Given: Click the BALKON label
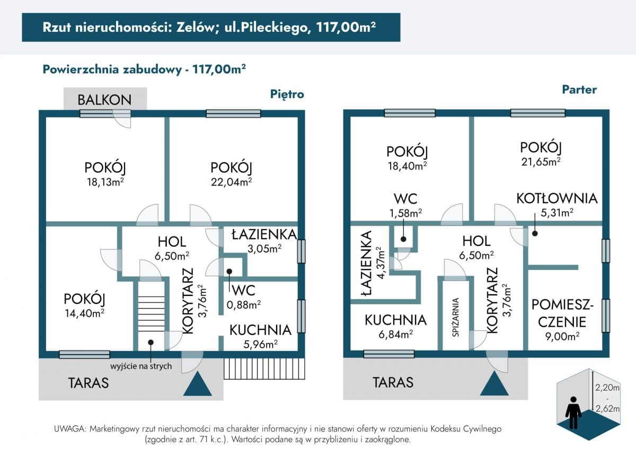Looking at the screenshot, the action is pos(104,100).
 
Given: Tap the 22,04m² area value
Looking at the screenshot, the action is pos(231,182).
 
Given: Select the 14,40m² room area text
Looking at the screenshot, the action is pos(85,313).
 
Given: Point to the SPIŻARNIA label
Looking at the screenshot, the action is pos(455,317).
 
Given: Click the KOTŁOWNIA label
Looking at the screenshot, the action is pos(557,198).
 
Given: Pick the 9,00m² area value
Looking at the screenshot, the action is pos(562,336).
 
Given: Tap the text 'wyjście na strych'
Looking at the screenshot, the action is pos(141,366).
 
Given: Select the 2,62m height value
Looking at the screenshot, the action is pos(607,409).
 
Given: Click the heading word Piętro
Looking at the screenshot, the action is pos(287,94).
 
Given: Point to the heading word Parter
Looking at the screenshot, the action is pos(579,90).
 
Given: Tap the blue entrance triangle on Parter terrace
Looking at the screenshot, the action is pos(494,383).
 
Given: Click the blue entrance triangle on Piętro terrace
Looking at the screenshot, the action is pos(198,384).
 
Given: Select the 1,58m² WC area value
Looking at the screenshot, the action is pos(405,213).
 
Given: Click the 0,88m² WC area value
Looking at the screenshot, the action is pos(244,305).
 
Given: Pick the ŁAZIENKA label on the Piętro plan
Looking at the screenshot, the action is pos(264,235).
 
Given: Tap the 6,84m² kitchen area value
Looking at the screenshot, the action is pos(395,335).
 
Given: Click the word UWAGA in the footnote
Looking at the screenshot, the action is pos(70,429).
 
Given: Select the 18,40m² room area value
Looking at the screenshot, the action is pos(408,166).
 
